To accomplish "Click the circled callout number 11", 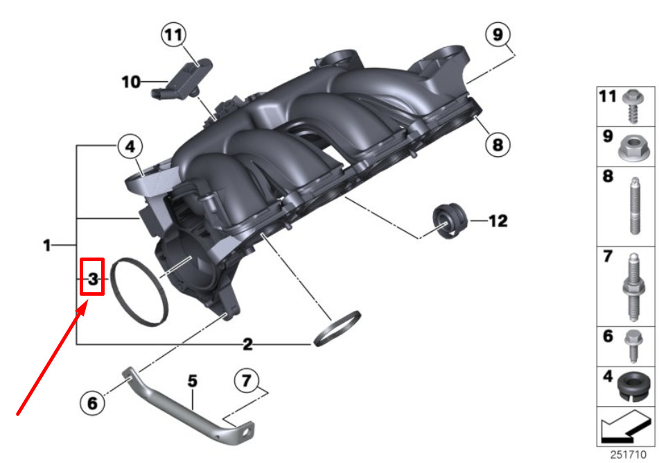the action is pyautogui.click(x=174, y=35).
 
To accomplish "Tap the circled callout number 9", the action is pyautogui.click(x=498, y=34).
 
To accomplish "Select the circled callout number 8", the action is pyautogui.click(x=498, y=145).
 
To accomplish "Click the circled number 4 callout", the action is pyautogui.click(x=130, y=146).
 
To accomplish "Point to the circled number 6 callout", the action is pyautogui.click(x=92, y=403).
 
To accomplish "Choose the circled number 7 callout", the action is pyautogui.click(x=247, y=381).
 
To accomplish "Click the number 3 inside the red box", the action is pyautogui.click(x=93, y=278).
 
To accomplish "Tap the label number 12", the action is pyautogui.click(x=498, y=221).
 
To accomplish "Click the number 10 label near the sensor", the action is pyautogui.click(x=131, y=82).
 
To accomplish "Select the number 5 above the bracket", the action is pyautogui.click(x=192, y=381).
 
